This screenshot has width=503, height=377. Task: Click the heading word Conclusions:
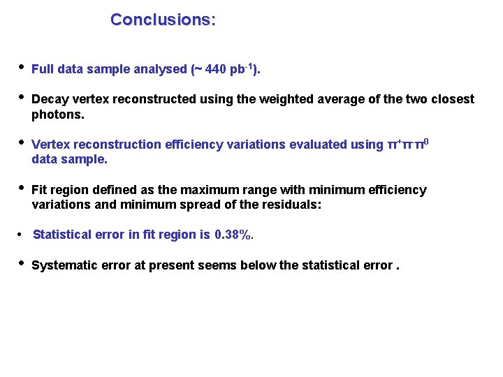163,20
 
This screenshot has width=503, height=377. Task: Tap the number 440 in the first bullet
218,69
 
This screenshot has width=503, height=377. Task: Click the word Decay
49,99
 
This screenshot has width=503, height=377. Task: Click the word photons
58,114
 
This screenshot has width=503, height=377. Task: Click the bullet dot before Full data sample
22,68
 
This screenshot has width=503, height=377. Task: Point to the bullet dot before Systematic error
22,264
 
